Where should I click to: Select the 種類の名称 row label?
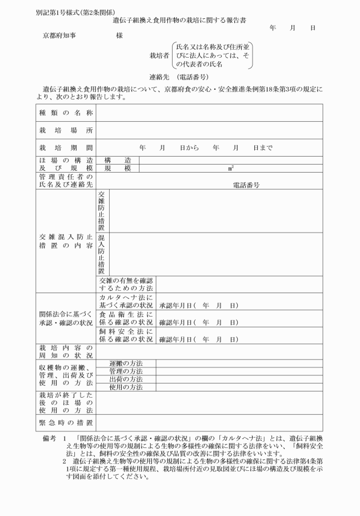[x=66, y=113]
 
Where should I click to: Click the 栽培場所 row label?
[x=66, y=130]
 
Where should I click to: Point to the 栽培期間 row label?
[x=66, y=147]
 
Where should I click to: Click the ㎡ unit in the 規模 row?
[x=231, y=169]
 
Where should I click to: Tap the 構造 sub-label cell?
[x=118, y=160]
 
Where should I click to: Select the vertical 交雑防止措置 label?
[x=102, y=210]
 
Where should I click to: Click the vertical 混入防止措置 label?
[x=102, y=254]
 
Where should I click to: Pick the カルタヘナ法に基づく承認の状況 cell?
[x=126, y=302]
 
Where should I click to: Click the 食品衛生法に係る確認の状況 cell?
[x=126, y=318]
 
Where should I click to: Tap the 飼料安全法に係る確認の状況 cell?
[x=126, y=335]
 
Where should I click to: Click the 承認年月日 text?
[x=177, y=306]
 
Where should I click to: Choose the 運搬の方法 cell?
[x=126, y=363]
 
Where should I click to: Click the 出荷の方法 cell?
[x=126, y=379]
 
